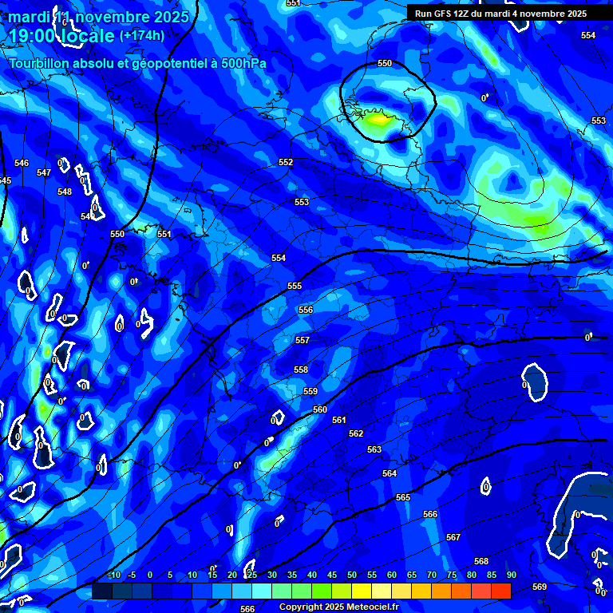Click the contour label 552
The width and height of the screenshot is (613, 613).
click(286, 162)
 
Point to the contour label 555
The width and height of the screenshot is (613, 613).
click(295, 286)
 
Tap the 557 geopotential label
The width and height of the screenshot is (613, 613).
click(303, 340)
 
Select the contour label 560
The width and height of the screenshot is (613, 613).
click(320, 409)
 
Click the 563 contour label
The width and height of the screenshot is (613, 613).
click(374, 449)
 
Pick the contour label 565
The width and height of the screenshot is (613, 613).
click(403, 497)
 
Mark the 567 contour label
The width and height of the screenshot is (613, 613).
click(453, 537)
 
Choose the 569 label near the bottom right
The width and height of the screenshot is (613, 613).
click(540, 587)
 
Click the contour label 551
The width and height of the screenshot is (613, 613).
click(164, 234)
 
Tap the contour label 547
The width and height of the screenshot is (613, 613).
click(44, 172)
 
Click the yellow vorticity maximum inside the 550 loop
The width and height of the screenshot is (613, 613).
click(377, 121)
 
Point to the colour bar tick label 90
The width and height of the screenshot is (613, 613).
click(511, 575)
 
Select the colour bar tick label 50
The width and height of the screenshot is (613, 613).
click(352, 575)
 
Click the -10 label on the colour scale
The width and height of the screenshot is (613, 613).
click(113, 575)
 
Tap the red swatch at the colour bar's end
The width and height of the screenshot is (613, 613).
click(500, 591)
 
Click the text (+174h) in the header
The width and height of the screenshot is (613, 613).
click(142, 35)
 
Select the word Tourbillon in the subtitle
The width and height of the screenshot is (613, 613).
click(39, 64)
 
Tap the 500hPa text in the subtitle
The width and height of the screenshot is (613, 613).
click(241, 64)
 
